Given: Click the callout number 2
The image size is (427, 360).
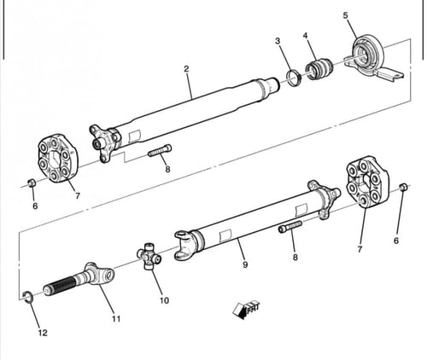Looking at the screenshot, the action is (x=186, y=69).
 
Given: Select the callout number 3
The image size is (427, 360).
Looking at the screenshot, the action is (x=278, y=41).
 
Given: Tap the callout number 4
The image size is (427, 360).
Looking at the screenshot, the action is (x=306, y=36).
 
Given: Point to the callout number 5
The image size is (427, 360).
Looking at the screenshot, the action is (x=345, y=15).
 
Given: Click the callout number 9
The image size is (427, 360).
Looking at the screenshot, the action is (x=245, y=264).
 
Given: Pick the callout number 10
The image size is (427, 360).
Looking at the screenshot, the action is (x=164, y=300).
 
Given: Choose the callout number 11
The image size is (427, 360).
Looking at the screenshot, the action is (x=116, y=319).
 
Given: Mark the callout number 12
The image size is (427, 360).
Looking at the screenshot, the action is (x=43, y=333).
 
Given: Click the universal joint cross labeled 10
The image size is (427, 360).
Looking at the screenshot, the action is (x=149, y=256).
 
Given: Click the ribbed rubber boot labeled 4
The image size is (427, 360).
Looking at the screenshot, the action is (x=319, y=68).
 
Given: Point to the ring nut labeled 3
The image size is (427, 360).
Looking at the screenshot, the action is (x=293, y=78).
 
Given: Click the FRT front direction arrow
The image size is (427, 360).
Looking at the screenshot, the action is (x=246, y=309).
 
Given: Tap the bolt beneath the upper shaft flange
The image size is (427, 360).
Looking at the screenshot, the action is (x=160, y=150).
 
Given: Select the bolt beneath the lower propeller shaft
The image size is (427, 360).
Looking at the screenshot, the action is (x=290, y=226).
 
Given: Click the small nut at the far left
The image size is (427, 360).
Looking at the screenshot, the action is (x=32, y=183).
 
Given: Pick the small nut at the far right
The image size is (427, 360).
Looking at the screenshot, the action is (x=403, y=188).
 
